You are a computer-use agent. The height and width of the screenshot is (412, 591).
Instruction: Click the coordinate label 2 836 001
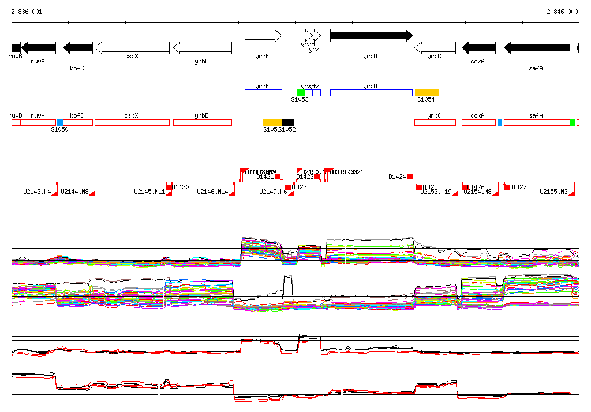pos(27,12)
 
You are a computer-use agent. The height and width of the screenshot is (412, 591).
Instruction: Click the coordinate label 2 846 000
pos(562,12)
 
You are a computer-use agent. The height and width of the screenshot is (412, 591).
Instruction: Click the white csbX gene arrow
pos(132,47)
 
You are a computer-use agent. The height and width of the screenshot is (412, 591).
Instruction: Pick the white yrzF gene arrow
pos(263,36)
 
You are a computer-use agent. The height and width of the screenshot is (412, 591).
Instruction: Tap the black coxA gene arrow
pos(478,48)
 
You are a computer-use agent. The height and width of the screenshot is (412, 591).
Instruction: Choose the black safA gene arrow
pos(537,48)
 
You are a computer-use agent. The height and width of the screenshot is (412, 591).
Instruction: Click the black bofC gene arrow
pos(77,48)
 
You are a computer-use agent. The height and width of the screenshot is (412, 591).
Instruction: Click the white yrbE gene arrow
pos(202,47)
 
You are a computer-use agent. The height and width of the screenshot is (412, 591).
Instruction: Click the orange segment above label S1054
pos(427,93)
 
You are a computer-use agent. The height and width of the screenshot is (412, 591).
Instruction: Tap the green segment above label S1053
pos(300,93)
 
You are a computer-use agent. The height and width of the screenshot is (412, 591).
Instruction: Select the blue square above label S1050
pos(60,123)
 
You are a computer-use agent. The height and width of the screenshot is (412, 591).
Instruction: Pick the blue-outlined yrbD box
pos(371,93)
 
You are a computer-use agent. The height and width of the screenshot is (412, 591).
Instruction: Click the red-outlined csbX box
pos(132,123)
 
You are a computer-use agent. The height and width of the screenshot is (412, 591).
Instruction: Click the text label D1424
pos(397,177)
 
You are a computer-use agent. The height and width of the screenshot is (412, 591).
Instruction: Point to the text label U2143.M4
pos(37,192)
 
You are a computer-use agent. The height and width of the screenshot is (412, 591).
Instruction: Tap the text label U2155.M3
pos(553,192)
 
